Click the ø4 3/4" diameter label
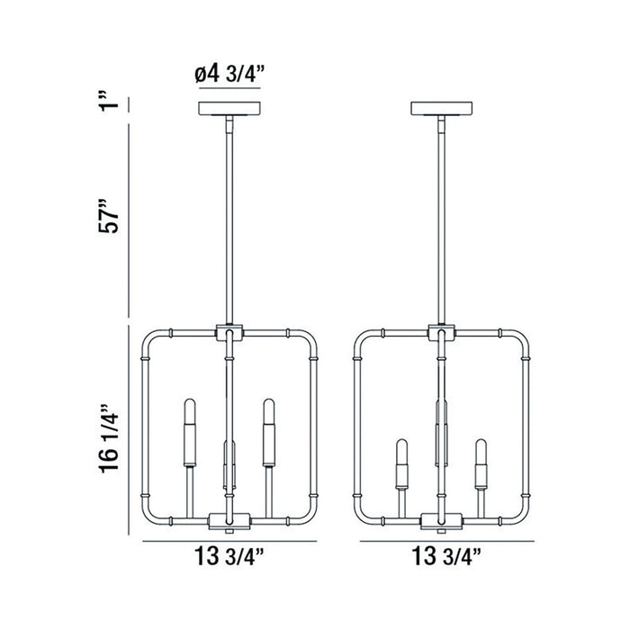229,75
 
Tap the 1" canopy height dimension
109,101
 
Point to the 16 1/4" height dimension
109,438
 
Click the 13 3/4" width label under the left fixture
229,556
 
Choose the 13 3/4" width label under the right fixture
446,556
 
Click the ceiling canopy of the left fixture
229,109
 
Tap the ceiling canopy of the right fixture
442,109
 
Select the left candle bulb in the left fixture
190,433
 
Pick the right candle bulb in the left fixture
269,433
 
